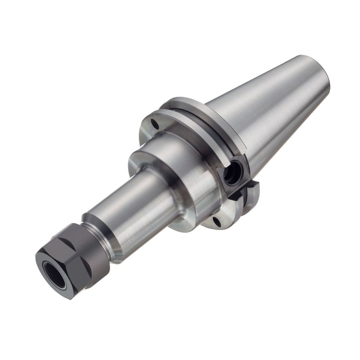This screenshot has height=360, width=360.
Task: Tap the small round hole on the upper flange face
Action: tap(155, 124)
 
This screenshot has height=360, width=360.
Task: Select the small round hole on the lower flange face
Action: tap(217, 221)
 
